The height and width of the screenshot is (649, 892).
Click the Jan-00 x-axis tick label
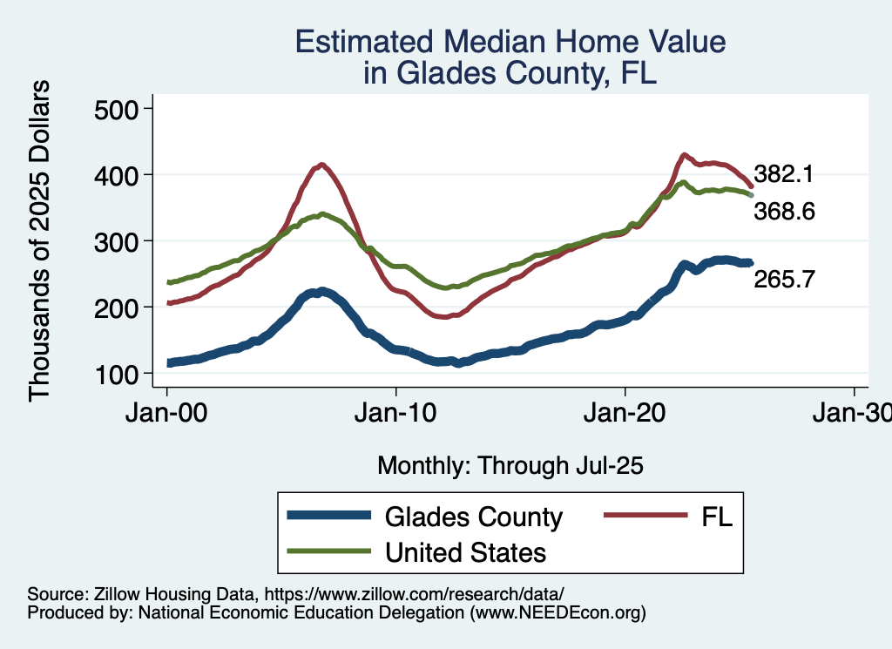point(167,414)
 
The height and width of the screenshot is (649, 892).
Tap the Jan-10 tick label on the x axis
point(396,414)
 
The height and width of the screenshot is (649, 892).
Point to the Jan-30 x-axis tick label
point(852,414)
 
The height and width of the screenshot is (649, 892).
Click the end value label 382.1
point(784,174)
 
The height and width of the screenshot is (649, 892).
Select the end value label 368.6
point(784,211)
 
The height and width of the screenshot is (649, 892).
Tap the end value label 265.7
point(784,280)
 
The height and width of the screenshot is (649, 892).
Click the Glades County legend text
point(474,517)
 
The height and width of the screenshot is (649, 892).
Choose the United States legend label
point(465,552)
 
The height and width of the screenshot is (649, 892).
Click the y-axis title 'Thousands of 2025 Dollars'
point(40,240)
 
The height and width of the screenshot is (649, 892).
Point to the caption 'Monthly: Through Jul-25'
point(510,466)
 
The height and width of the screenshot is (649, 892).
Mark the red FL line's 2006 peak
point(322,164)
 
